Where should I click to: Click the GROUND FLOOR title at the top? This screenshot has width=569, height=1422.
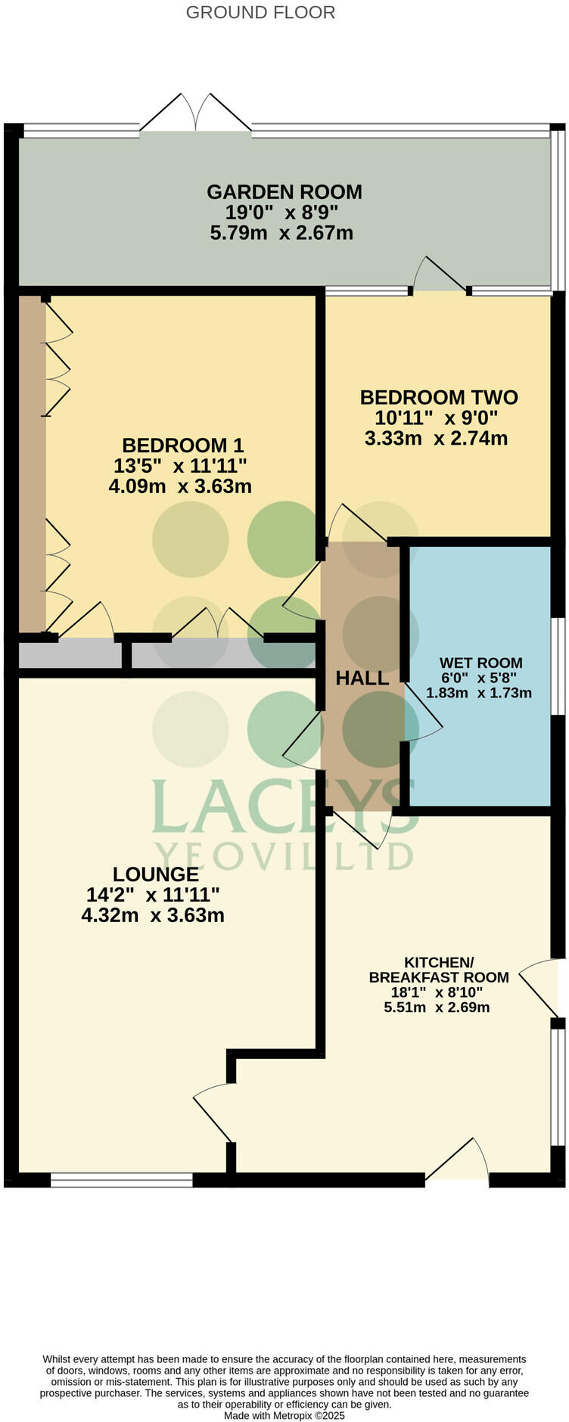[260, 13]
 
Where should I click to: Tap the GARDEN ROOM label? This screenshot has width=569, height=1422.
[284, 192]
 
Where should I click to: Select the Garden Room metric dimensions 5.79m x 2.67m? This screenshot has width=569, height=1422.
[281, 233]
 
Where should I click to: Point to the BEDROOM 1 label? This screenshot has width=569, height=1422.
[182, 445]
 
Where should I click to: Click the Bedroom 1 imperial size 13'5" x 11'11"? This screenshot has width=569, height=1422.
[179, 465]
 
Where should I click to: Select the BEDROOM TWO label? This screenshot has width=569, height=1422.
[439, 397]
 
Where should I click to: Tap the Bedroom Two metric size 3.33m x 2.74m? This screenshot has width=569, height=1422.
[436, 438]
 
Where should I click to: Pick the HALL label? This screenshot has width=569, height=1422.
[362, 678]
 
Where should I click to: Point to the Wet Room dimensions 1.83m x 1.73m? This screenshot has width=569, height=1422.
[479, 693]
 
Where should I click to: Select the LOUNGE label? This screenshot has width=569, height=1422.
[156, 874]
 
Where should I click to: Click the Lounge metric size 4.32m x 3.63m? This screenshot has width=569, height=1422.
[153, 915]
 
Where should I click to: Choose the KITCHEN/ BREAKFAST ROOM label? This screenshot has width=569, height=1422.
[438, 970]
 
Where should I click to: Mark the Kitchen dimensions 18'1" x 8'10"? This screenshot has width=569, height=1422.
[437, 992]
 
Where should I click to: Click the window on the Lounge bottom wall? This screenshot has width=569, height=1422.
[122, 1180]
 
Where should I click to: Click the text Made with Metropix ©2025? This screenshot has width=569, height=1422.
[284, 1415]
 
